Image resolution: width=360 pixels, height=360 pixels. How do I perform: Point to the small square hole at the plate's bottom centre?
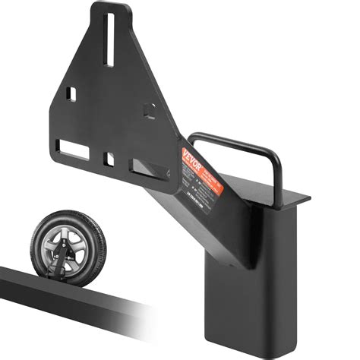click(110, 159)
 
